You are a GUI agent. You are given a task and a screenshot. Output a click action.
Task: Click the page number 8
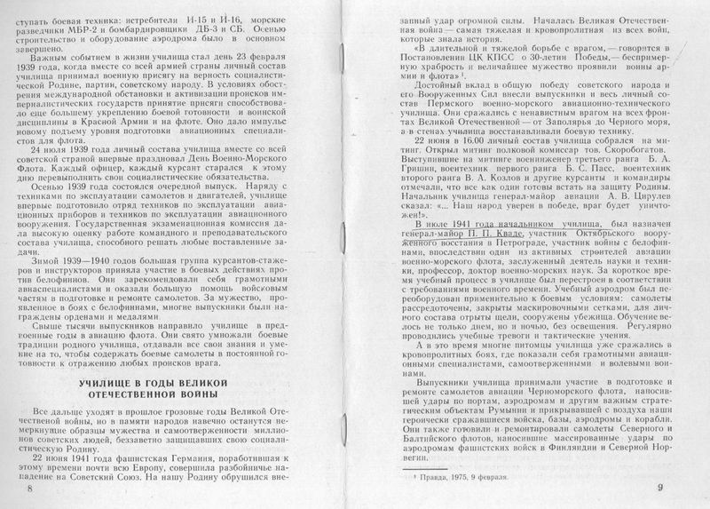[28, 489]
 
